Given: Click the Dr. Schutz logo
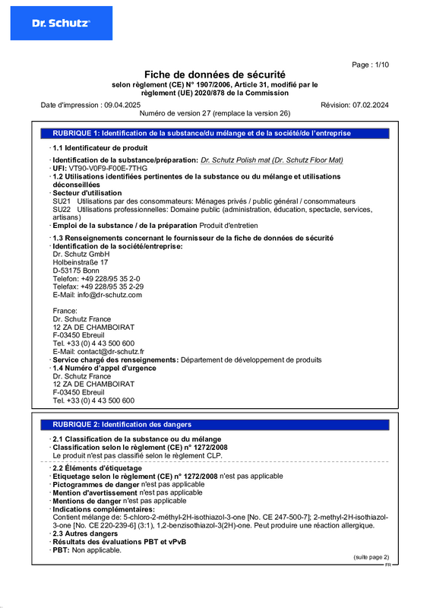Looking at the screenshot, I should [x=61, y=23].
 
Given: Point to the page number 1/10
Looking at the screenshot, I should [x=371, y=65].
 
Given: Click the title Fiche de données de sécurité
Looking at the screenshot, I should [x=215, y=74].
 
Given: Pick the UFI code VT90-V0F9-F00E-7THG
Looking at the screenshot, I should [x=105, y=168].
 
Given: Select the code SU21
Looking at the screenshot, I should [x=62, y=201].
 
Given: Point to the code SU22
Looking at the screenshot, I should [x=62, y=209].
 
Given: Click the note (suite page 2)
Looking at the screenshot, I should [x=371, y=557].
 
